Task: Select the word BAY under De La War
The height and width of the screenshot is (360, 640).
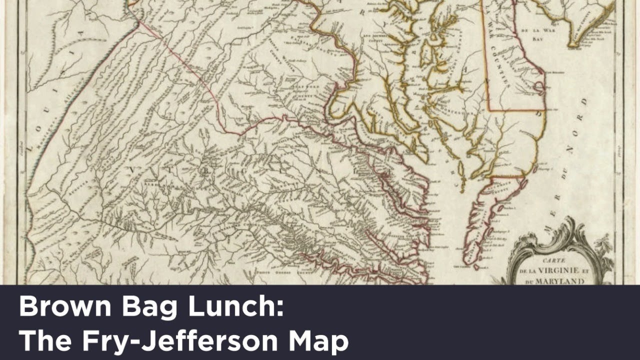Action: point(537,37)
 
